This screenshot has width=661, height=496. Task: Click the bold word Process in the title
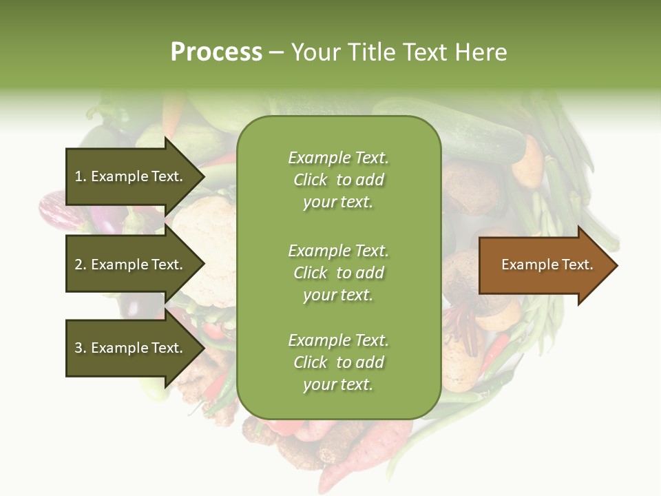click(216, 52)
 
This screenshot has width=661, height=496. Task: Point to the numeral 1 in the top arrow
click(78, 176)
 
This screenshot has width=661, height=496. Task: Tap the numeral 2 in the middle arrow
click(78, 265)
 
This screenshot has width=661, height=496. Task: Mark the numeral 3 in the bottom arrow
click(78, 348)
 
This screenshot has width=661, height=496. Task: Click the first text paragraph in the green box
click(338, 180)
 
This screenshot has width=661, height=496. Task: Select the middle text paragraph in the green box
click(338, 273)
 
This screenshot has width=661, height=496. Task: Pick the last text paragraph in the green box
click(338, 362)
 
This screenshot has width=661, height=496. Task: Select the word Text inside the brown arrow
click(576, 265)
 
